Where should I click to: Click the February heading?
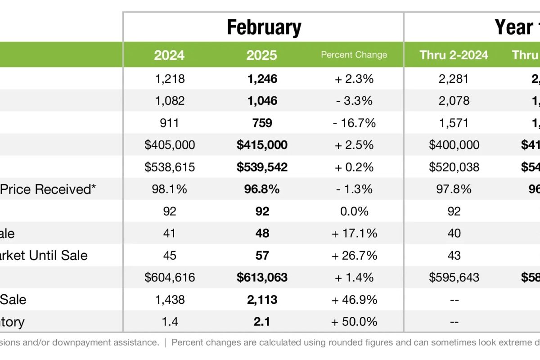click(264, 27)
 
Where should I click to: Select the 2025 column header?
click(261, 55)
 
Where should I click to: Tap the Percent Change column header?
click(354, 55)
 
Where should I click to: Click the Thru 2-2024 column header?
click(454, 55)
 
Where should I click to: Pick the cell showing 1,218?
click(170, 79)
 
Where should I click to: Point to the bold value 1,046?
click(262, 101)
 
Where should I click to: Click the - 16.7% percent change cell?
click(354, 123)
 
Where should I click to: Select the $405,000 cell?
click(170, 145)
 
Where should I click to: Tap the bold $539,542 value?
click(262, 167)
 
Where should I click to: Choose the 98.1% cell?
click(170, 189)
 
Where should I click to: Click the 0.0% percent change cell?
click(354, 211)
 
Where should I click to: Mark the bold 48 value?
click(262, 233)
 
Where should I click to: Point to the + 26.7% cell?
click(354, 255)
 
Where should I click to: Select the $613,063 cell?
click(262, 277)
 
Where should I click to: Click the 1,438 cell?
click(170, 299)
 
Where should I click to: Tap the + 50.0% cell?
click(354, 321)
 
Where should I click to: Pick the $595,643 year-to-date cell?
click(454, 277)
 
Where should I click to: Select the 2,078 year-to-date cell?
click(454, 101)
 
